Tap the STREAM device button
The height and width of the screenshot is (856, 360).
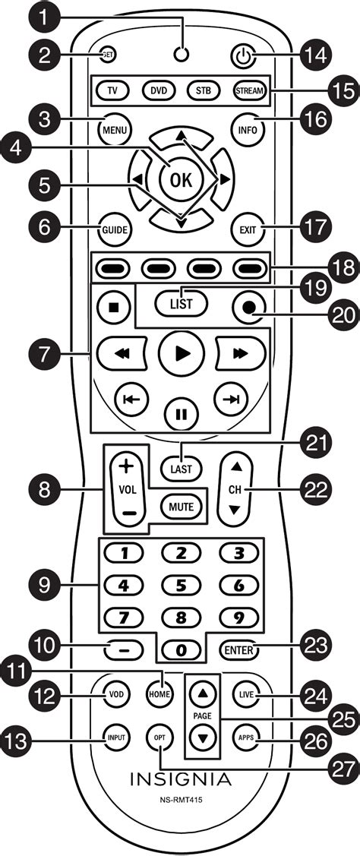click(x=249, y=90)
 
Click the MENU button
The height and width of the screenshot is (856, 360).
click(x=115, y=130)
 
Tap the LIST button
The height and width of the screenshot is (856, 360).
click(x=182, y=304)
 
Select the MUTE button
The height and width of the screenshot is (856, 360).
click(x=181, y=507)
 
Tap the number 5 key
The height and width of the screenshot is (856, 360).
click(x=181, y=586)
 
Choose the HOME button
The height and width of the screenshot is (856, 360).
click(x=159, y=694)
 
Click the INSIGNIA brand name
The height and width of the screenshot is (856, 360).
click(x=181, y=778)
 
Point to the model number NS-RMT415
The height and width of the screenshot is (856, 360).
click(x=181, y=800)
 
